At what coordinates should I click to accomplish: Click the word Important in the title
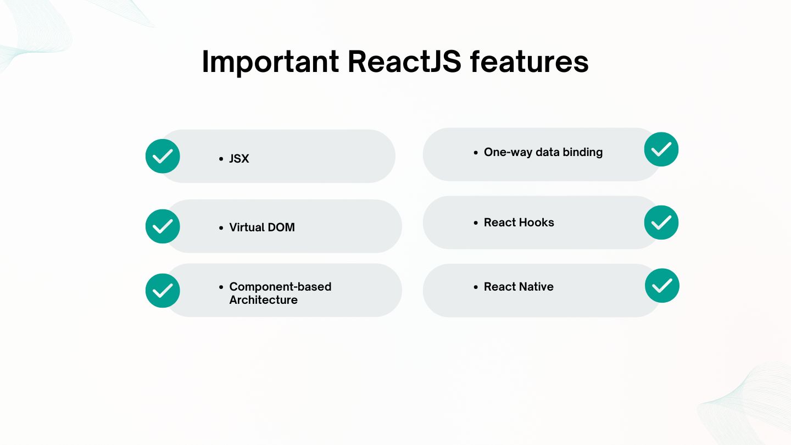click(270, 62)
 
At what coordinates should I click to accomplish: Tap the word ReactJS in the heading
click(404, 62)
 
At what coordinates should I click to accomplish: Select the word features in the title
click(530, 62)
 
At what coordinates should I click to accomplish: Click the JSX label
click(239, 159)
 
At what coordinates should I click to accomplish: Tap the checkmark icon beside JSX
click(163, 156)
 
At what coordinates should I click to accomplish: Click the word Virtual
click(247, 227)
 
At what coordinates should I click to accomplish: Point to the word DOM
click(281, 227)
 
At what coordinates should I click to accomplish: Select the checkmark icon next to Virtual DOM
click(163, 226)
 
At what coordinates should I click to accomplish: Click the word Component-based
click(280, 287)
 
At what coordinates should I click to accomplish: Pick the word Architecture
click(264, 300)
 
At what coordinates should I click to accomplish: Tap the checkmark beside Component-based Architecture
click(163, 291)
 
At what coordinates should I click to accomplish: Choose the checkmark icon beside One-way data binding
click(661, 149)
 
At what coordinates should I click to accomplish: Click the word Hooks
click(537, 222)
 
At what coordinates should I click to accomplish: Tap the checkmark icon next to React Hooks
click(661, 222)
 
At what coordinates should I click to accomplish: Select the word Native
click(537, 287)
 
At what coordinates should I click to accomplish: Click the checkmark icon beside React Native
click(662, 286)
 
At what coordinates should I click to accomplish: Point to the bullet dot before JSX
click(221, 159)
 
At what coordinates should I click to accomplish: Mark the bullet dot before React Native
click(476, 287)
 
